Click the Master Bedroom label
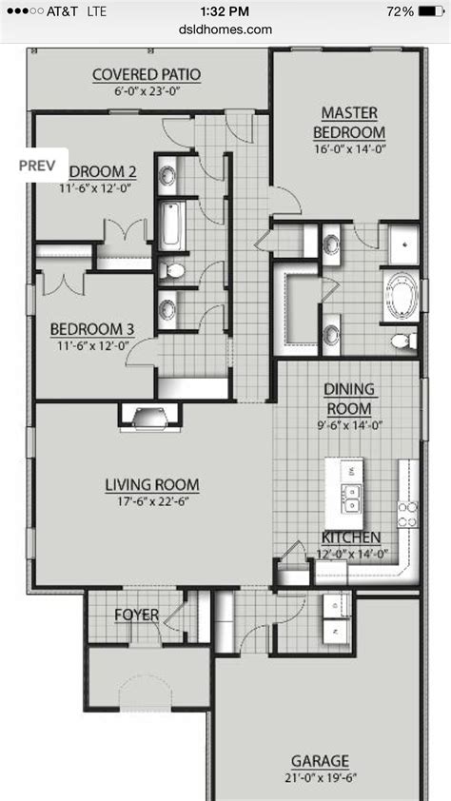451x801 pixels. click(352, 123)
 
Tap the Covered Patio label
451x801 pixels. click(147, 74)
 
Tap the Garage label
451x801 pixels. click(320, 761)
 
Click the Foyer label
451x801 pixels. click(136, 615)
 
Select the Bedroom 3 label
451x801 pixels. click(91, 329)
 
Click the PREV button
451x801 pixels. click(37, 164)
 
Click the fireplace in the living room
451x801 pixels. click(147, 415)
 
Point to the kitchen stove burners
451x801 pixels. click(407, 514)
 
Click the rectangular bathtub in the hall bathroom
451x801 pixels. click(170, 225)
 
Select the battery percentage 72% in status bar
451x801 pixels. click(401, 11)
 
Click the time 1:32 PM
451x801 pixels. click(225, 11)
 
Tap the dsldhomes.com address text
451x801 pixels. click(225, 29)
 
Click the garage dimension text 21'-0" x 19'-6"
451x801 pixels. click(320, 778)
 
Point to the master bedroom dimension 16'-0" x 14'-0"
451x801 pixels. click(352, 149)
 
